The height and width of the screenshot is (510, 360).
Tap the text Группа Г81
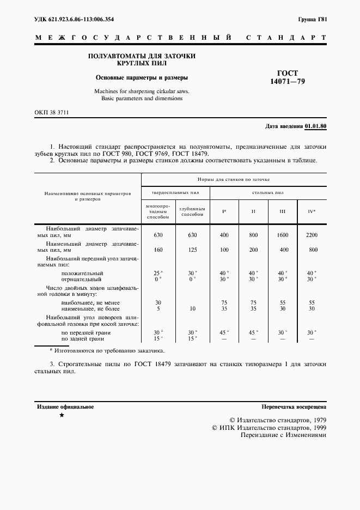(312, 20)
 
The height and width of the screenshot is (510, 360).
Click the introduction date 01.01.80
(315, 126)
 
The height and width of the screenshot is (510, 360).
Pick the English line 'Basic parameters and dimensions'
(138, 99)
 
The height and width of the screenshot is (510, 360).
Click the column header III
(282, 211)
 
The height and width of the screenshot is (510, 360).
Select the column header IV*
(312, 211)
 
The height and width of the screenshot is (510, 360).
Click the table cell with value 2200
(312, 235)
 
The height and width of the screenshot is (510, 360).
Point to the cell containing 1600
(282, 235)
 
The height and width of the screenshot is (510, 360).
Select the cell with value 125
(192, 250)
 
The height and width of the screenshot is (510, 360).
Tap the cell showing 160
(158, 250)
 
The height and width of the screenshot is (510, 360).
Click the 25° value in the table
(158, 273)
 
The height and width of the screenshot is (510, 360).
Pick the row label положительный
(82, 273)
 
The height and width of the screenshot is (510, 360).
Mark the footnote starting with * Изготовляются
(106, 351)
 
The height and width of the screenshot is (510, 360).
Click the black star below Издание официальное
(62, 416)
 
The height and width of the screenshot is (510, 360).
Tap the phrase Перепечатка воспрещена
(294, 407)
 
